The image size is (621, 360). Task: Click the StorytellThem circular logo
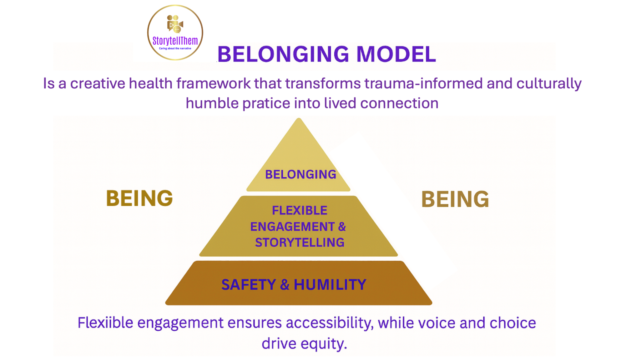pyautogui.click(x=175, y=32)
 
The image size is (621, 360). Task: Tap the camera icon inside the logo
pyautogui.click(x=175, y=24)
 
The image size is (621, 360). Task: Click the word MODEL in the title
pyautogui.click(x=396, y=54)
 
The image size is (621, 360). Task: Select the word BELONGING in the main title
pyautogui.click(x=283, y=54)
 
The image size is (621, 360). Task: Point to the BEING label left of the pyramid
pyautogui.click(x=139, y=198)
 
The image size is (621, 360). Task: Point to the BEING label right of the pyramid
pyautogui.click(x=455, y=199)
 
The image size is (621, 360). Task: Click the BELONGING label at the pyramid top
pyautogui.click(x=300, y=174)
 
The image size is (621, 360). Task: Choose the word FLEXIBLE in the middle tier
pyautogui.click(x=300, y=210)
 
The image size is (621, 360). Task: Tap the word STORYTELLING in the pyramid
pyautogui.click(x=300, y=242)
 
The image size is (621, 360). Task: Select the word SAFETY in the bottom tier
pyautogui.click(x=249, y=285)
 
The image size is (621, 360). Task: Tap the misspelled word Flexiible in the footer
pyautogui.click(x=105, y=323)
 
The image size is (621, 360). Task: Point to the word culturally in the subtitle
pyautogui.click(x=549, y=83)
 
